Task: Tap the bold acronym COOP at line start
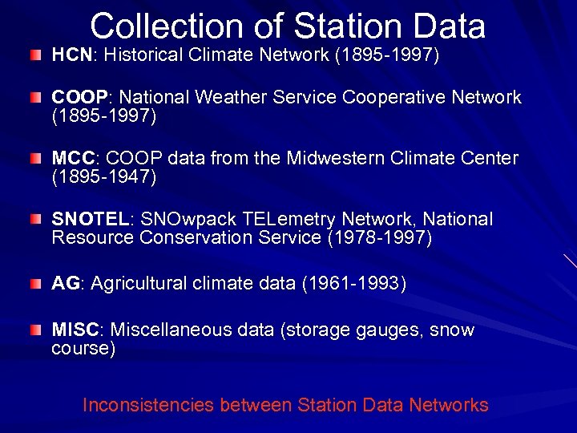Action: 79,98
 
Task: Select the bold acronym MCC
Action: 74,159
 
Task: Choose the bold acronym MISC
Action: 75,330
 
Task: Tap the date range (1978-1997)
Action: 378,238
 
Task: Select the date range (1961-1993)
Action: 353,284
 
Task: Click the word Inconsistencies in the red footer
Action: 148,406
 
